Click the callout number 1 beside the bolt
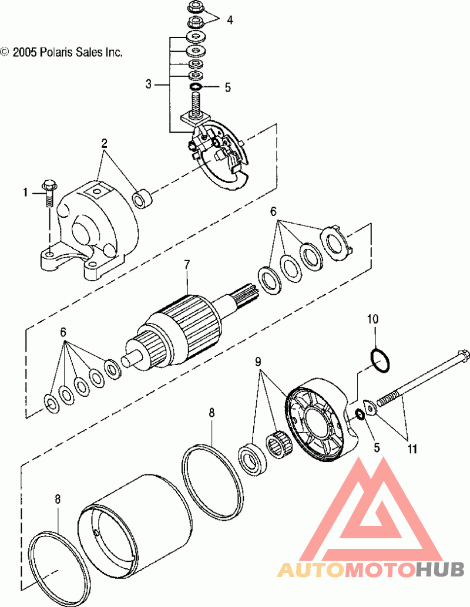[25, 192]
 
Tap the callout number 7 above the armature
[187, 265]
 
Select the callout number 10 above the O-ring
[372, 319]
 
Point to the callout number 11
[412, 448]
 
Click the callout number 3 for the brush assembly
[149, 84]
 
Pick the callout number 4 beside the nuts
[230, 20]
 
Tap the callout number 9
[258, 362]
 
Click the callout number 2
[104, 144]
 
